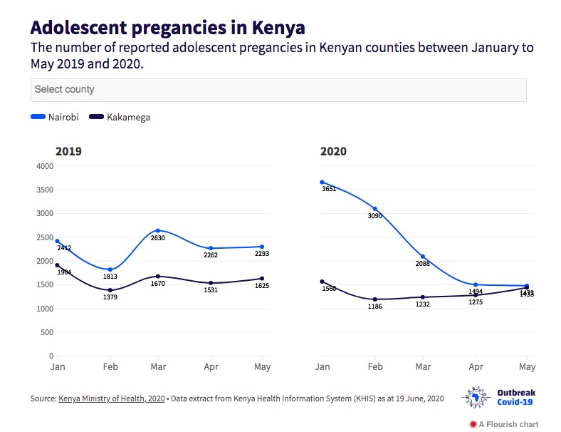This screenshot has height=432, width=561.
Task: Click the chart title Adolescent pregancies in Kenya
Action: pos(168,28)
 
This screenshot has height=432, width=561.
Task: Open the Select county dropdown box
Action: pos(278,90)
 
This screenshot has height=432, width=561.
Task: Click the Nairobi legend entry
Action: pos(55,117)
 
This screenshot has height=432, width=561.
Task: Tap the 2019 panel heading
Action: pos(69,151)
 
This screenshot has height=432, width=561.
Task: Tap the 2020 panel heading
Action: pos(333,151)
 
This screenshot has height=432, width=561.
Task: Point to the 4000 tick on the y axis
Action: pos(45,166)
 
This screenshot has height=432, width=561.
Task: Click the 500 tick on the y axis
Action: pos(47,332)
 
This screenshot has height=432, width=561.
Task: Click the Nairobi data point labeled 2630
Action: pos(157,231)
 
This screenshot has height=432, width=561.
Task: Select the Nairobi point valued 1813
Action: pos(110,269)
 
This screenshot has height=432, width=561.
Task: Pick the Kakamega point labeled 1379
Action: pos(110,290)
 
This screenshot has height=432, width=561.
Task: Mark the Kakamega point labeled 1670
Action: pos(157,277)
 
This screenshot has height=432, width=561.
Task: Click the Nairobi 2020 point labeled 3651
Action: pos(322,182)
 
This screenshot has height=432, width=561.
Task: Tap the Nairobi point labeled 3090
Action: pos(374,209)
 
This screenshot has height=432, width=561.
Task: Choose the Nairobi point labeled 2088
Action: pos(423,257)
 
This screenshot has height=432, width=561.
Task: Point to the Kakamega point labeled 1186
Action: pos(374,299)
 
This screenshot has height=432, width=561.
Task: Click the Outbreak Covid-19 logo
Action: pos(498,398)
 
